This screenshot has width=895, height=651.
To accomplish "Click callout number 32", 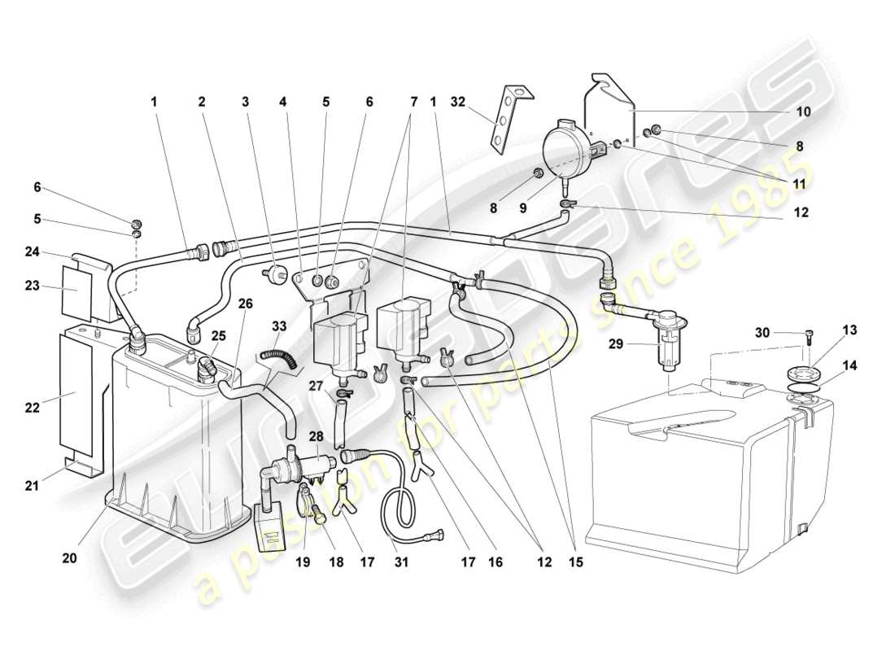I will [458, 102].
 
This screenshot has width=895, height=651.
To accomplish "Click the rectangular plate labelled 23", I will [78, 289].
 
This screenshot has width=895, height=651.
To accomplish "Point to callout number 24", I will [31, 251].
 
